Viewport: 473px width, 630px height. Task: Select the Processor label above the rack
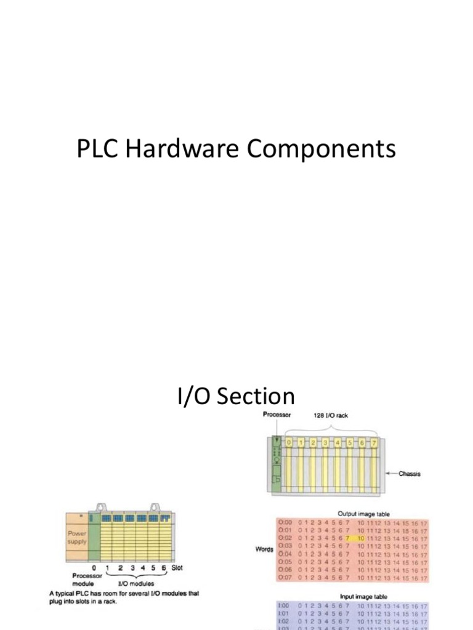pyautogui.click(x=277, y=415)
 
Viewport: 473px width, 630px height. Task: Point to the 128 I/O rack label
pyautogui.click(x=331, y=415)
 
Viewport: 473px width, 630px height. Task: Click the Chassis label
pyautogui.click(x=410, y=474)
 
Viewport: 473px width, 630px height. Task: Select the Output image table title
pyautogui.click(x=363, y=514)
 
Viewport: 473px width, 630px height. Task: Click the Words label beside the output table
pyautogui.click(x=264, y=548)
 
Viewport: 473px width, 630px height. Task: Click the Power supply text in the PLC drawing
pyautogui.click(x=77, y=538)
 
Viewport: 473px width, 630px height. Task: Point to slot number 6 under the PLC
pyautogui.click(x=164, y=568)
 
